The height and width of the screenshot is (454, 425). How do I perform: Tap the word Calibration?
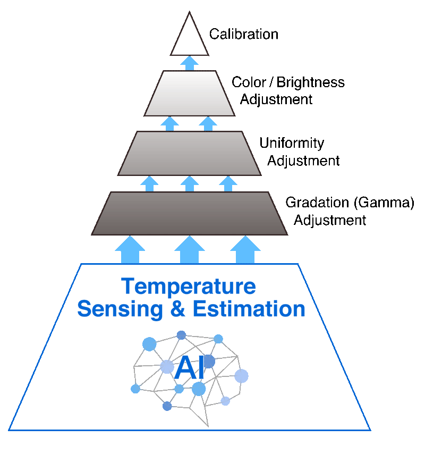click(x=244, y=34)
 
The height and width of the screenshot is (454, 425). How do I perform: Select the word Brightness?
click(x=310, y=83)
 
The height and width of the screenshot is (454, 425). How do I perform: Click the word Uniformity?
click(x=292, y=144)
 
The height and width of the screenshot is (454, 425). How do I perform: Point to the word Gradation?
click(x=317, y=203)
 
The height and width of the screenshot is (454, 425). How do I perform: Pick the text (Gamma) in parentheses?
click(x=384, y=203)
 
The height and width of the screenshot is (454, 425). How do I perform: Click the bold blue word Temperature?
click(x=189, y=287)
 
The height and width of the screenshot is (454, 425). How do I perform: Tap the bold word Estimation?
click(x=249, y=309)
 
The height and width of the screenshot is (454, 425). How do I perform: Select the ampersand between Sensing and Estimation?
click(x=177, y=309)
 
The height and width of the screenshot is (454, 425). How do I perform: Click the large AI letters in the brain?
click(x=190, y=367)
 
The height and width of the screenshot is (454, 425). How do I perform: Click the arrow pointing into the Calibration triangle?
click(x=190, y=63)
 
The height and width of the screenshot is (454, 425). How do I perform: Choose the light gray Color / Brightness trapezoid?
click(x=190, y=93)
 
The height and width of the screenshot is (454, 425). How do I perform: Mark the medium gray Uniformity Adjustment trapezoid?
click(x=190, y=153)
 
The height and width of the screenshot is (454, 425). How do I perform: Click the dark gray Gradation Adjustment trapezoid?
click(x=190, y=213)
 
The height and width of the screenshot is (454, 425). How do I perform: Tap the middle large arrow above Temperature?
click(x=190, y=249)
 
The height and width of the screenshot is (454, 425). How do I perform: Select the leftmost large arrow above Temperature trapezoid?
click(x=130, y=249)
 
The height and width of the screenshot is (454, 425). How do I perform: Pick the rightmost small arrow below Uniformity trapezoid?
click(x=228, y=184)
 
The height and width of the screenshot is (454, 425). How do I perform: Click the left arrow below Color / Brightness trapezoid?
click(x=170, y=124)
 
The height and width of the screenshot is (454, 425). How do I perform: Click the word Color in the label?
click(x=249, y=82)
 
